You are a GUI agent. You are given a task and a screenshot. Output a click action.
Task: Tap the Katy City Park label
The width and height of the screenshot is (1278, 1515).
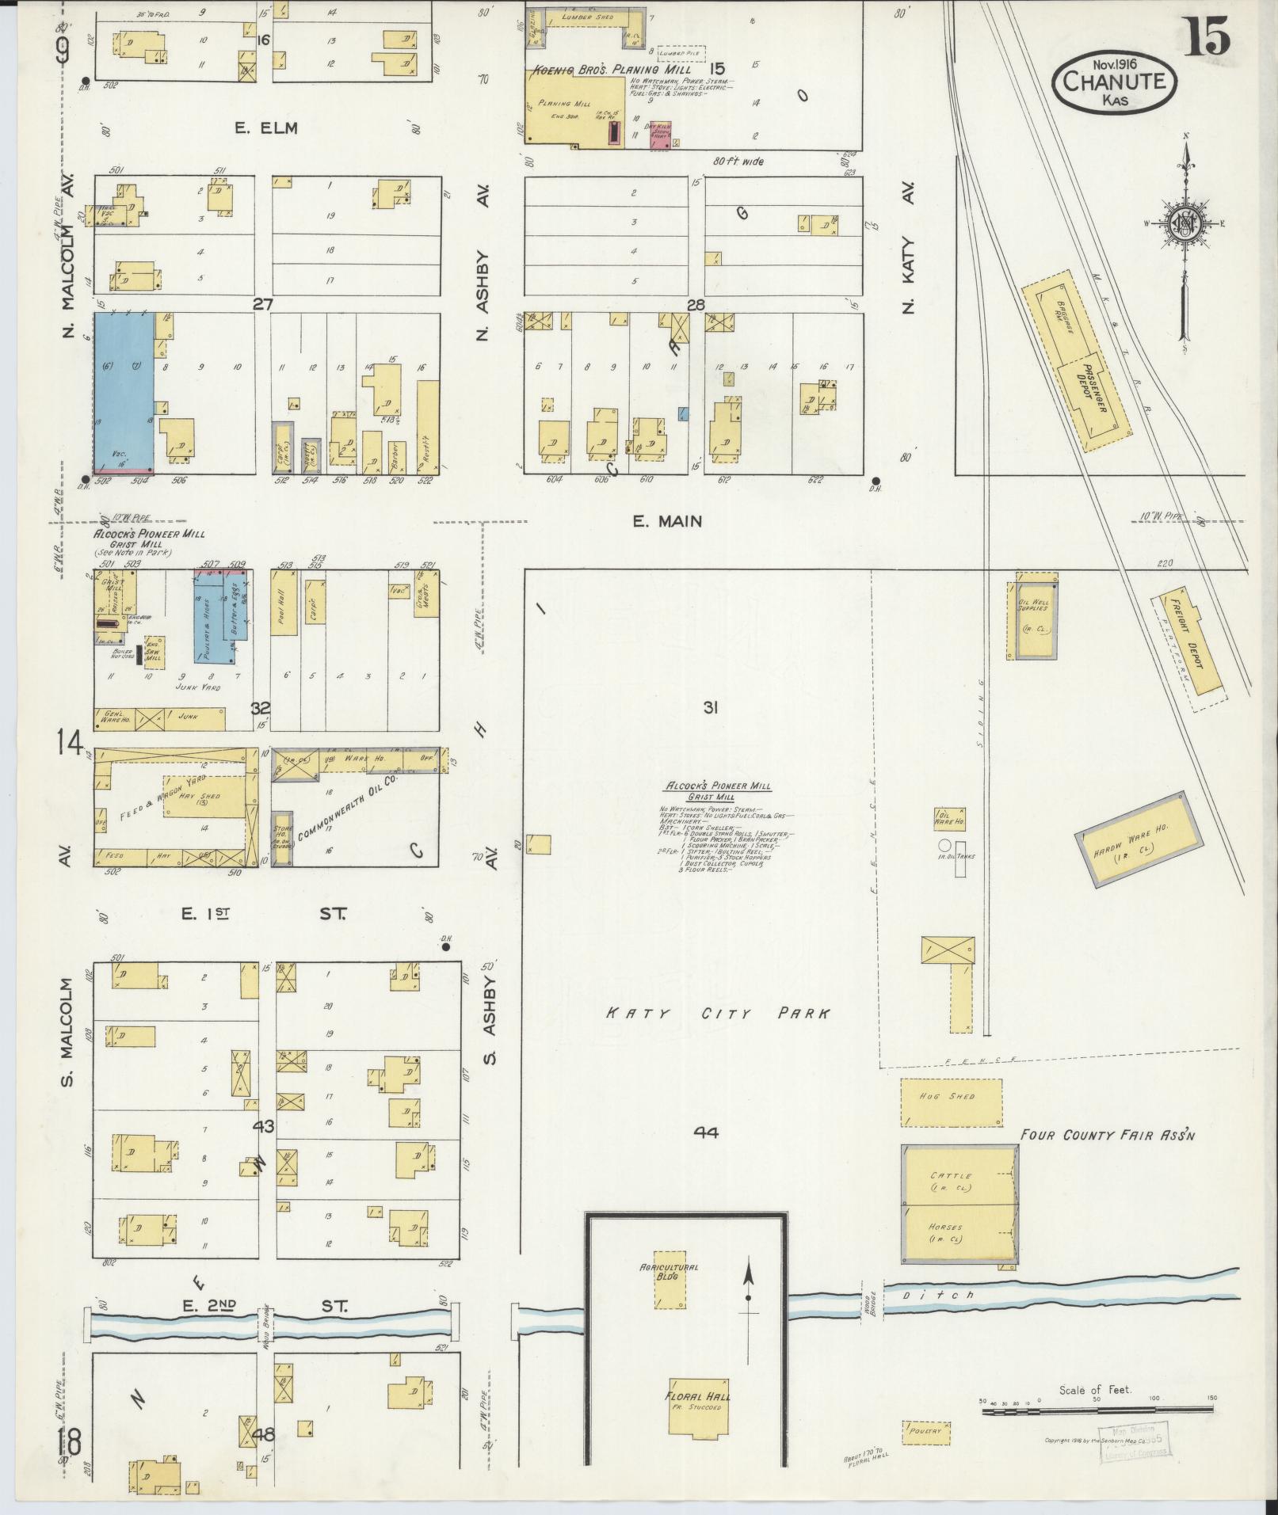[718, 1013]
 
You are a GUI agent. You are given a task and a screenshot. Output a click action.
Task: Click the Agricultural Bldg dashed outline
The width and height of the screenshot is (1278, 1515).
[670, 1281]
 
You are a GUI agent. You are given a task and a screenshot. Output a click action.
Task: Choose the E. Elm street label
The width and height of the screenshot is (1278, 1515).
[265, 128]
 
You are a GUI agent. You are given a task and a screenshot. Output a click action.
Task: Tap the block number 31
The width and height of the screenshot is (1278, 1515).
[710, 708]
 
